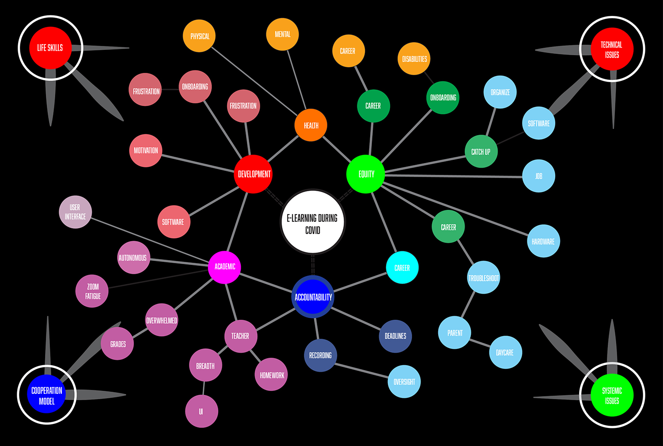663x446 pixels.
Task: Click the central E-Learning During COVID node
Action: pyautogui.click(x=313, y=222)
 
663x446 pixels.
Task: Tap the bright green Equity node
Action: pyautogui.click(x=366, y=174)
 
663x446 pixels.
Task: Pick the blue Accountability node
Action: pyautogui.click(x=313, y=297)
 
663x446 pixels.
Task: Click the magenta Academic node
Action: pyautogui.click(x=224, y=267)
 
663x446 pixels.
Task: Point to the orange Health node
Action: pyautogui.click(x=311, y=125)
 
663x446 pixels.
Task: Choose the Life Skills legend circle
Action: pyautogui.click(x=50, y=48)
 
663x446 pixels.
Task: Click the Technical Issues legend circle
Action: pyautogui.click(x=612, y=49)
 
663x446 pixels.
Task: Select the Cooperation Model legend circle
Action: pyautogui.click(x=47, y=395)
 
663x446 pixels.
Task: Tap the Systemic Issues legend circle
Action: pyautogui.click(x=612, y=395)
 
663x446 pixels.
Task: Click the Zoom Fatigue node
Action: pyautogui.click(x=92, y=291)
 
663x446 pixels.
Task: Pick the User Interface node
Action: pyautogui.click(x=76, y=212)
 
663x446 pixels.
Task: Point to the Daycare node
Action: pyautogui.click(x=505, y=352)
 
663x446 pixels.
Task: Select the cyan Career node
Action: pyautogui.click(x=402, y=268)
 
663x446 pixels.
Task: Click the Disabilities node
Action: pyautogui.click(x=414, y=59)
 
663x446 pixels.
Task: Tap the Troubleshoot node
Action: pyautogui.click(x=484, y=278)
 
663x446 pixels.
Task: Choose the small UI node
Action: pyautogui.click(x=201, y=412)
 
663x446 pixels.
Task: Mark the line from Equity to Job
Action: pyautogui.click(x=455, y=176)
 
